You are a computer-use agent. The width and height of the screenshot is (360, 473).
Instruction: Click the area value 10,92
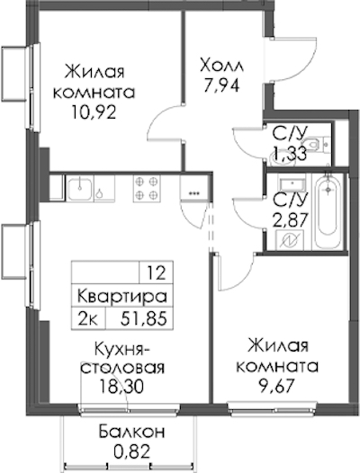click(94, 112)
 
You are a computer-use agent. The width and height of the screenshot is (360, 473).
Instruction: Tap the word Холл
click(222, 66)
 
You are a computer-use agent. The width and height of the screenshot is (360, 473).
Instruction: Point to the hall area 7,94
click(221, 86)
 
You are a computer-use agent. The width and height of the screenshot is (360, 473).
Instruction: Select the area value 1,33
click(289, 153)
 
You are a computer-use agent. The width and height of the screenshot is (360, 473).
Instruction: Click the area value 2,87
click(291, 219)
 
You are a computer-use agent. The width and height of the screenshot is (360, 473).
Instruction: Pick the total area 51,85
click(144, 319)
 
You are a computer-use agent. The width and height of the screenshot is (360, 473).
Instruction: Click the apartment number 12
click(157, 274)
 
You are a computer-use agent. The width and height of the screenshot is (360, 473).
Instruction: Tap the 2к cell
click(88, 319)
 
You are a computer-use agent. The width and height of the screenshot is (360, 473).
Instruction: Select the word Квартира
click(122, 297)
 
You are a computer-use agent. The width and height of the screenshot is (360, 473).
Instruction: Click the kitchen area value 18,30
click(122, 387)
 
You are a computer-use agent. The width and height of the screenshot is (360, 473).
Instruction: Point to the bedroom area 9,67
click(277, 387)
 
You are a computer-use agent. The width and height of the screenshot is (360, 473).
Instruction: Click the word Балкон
click(131, 432)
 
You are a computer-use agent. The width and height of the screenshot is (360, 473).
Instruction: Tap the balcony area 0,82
click(131, 452)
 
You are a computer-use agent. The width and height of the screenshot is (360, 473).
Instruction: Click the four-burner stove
click(147, 188)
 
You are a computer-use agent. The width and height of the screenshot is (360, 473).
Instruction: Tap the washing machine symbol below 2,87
click(290, 240)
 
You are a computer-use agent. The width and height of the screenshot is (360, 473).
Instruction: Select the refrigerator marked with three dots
click(193, 188)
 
